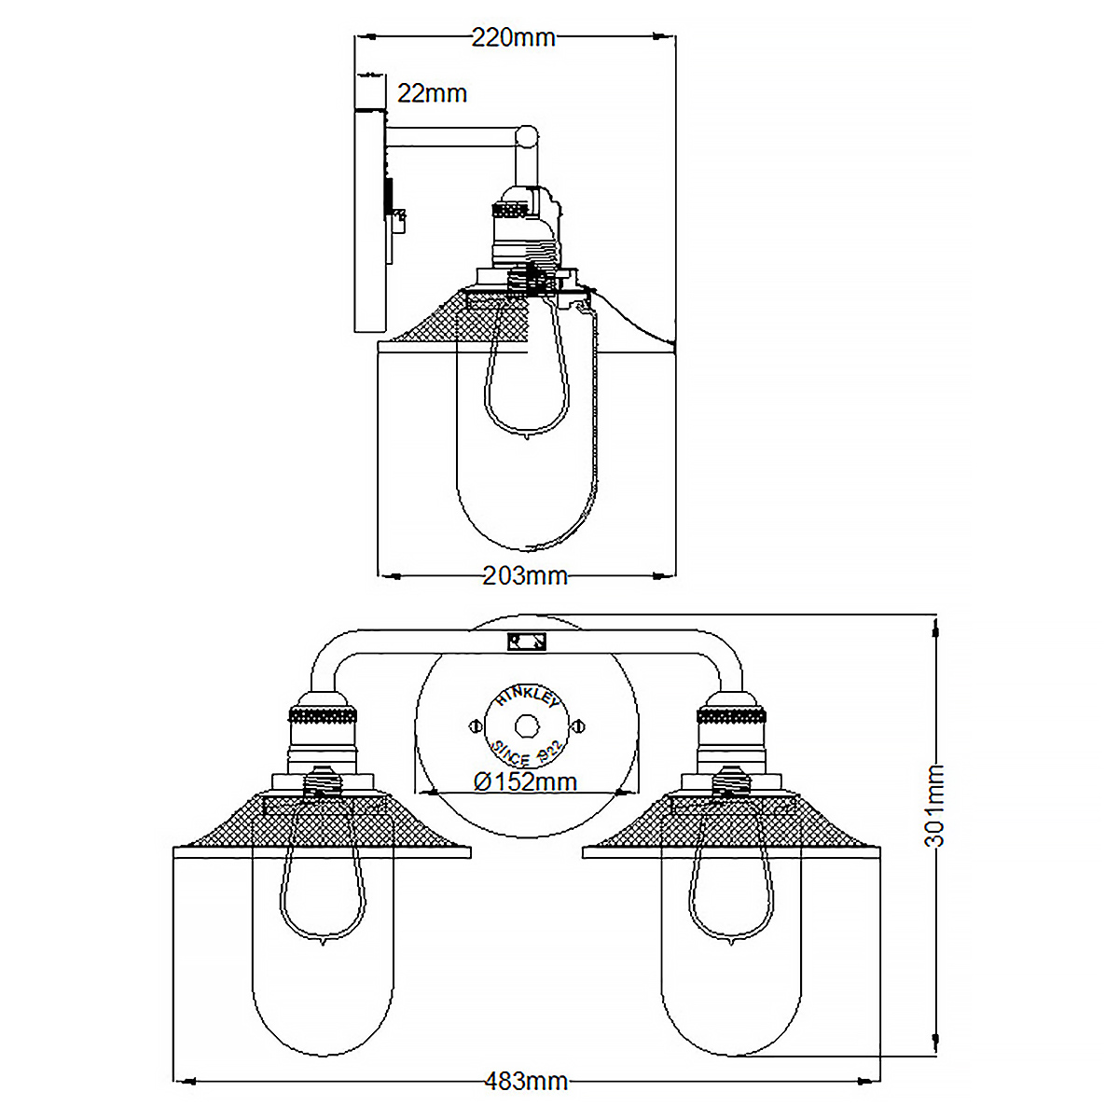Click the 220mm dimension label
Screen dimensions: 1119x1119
(513, 37)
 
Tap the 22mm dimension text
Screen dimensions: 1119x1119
(432, 93)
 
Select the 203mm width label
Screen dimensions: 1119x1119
(525, 575)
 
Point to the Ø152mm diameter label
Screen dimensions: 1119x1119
(525, 781)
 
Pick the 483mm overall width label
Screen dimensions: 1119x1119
(526, 1082)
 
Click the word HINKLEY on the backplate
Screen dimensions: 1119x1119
(527, 698)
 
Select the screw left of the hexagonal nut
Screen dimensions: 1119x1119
(476, 725)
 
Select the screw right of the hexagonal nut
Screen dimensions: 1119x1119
(578, 725)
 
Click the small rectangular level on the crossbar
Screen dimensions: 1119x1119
(527, 642)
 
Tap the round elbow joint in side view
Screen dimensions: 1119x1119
(527, 136)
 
